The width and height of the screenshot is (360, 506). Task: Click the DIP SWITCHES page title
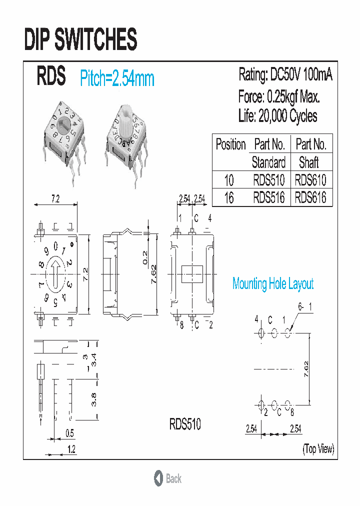[80, 39]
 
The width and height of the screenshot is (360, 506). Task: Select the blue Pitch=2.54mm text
[117, 79]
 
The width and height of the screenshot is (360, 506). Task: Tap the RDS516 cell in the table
[268, 197]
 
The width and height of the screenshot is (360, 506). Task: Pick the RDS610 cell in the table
[310, 179]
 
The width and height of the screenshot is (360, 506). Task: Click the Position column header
[230, 144]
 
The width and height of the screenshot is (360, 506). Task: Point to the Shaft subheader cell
[309, 162]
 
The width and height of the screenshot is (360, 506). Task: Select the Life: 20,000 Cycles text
[277, 116]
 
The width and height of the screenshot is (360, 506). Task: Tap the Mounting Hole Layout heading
[273, 284]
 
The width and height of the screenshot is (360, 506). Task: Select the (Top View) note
[317, 448]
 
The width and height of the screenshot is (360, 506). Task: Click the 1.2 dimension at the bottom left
[71, 449]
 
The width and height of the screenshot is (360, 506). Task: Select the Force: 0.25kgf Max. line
[278, 96]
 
